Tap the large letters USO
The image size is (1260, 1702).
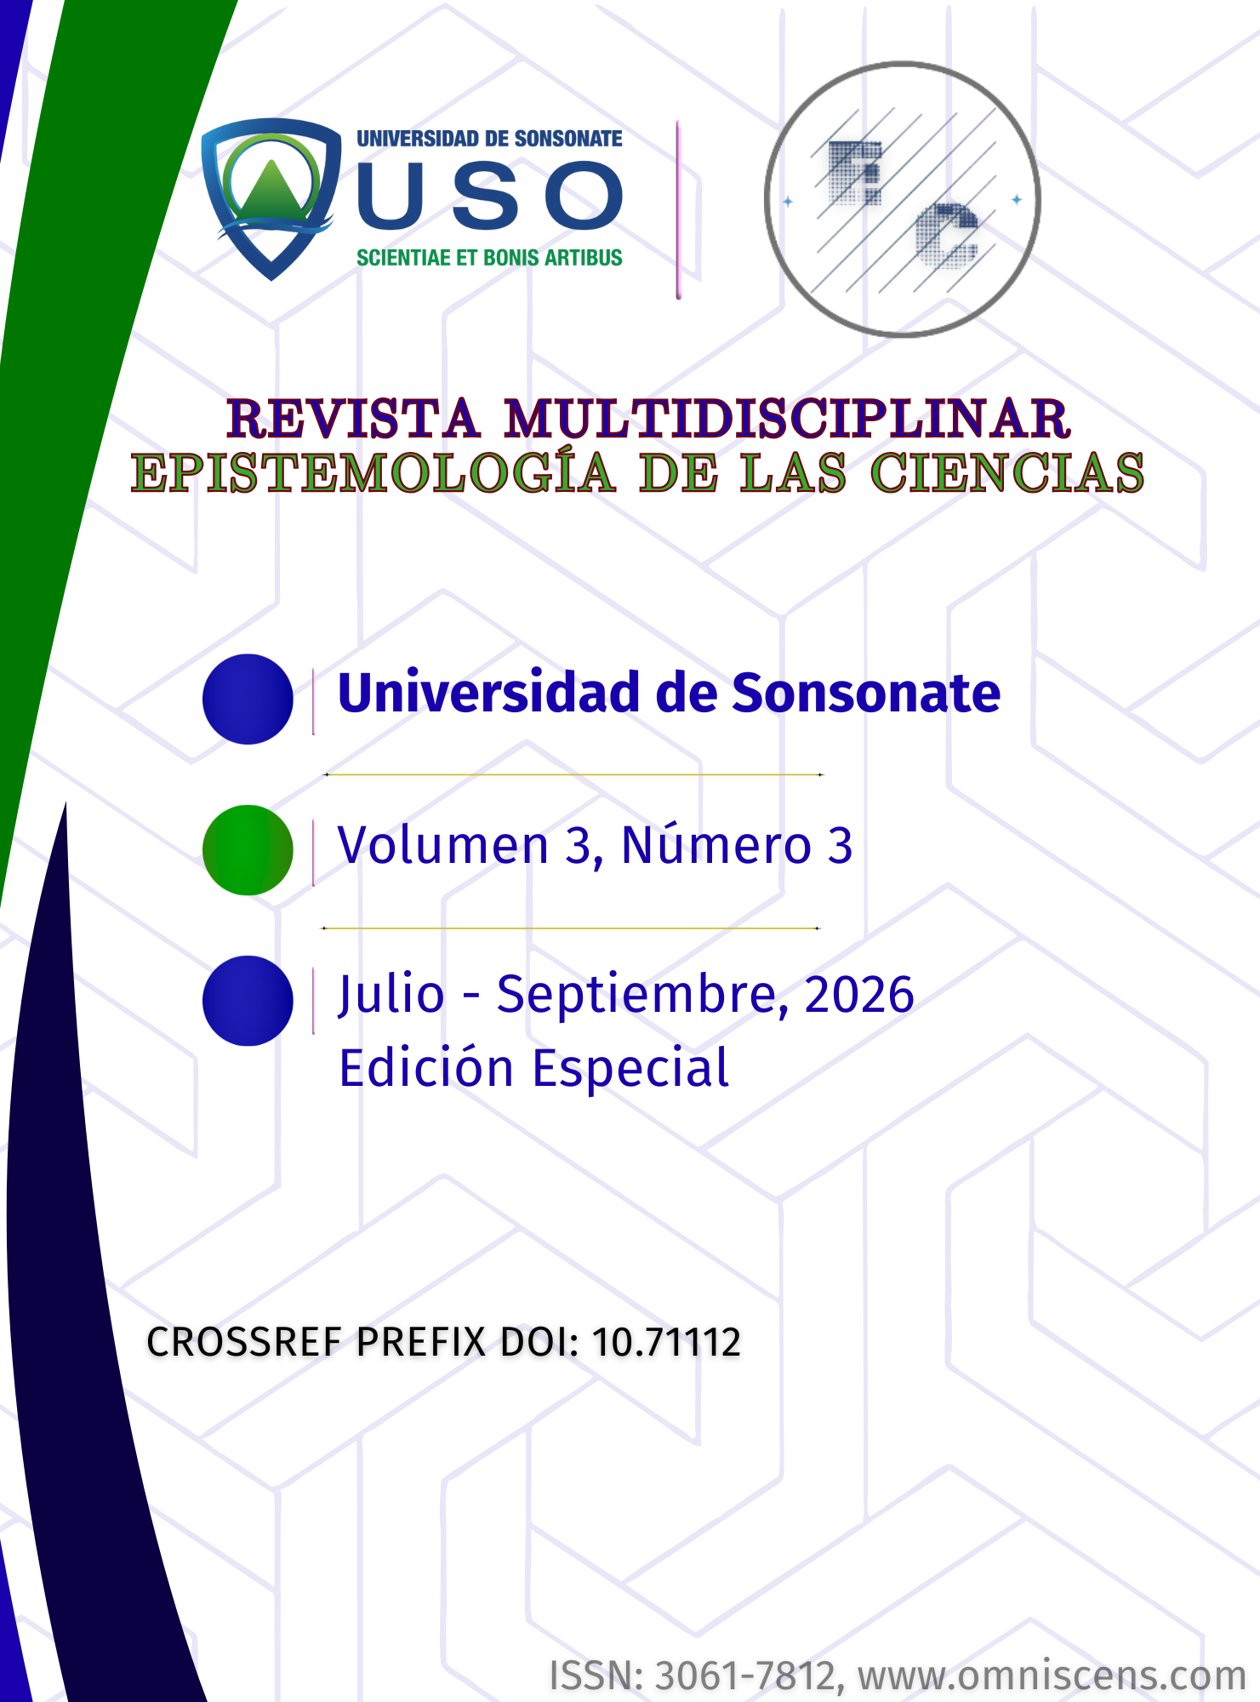pyautogui.click(x=490, y=196)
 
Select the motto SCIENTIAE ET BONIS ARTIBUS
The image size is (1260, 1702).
pyautogui.click(x=489, y=258)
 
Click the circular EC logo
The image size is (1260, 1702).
pyautogui.click(x=902, y=199)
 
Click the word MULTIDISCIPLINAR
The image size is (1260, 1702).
pyautogui.click(x=787, y=419)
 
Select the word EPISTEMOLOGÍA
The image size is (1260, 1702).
pyautogui.click(x=373, y=473)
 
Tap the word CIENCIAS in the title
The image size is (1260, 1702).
pyautogui.click(x=1007, y=473)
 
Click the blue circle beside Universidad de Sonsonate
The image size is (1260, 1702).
pyautogui.click(x=248, y=699)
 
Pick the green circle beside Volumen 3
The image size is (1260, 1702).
pyautogui.click(x=248, y=850)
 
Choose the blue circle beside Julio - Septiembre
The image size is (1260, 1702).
pyautogui.click(x=248, y=1001)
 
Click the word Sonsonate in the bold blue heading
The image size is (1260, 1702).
pyautogui.click(x=866, y=693)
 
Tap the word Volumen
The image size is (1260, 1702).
pyautogui.click(x=443, y=846)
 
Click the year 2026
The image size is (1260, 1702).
pyautogui.click(x=859, y=995)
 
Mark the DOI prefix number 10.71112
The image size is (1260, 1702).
pyautogui.click(x=666, y=1342)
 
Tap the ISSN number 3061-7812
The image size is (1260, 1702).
pyautogui.click(x=749, y=1676)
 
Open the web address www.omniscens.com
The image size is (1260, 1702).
pyautogui.click(x=1052, y=1676)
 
